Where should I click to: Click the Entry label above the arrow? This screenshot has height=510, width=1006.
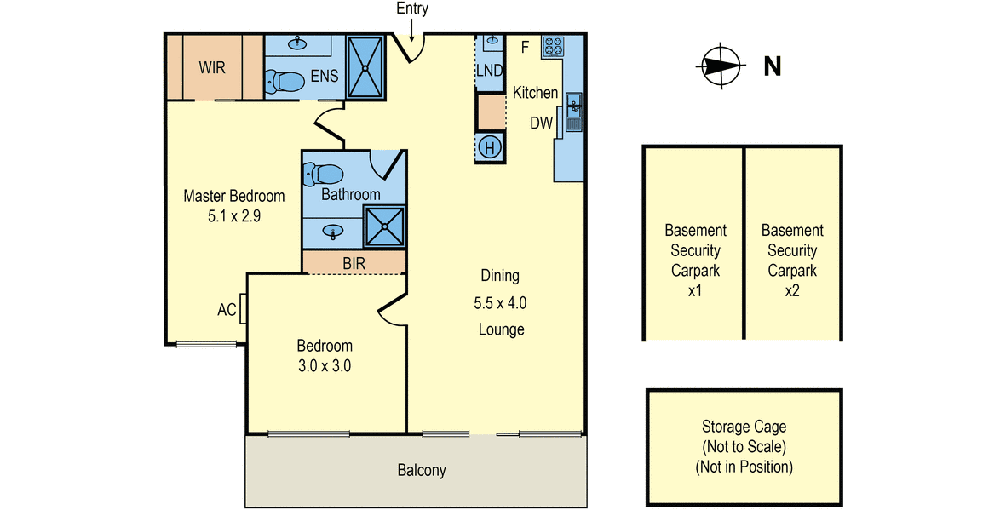[x=412, y=9]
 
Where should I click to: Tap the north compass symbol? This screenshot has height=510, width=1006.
[x=721, y=66]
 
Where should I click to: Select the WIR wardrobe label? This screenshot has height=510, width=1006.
[x=212, y=67]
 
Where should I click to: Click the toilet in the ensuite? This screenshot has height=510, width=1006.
[x=285, y=82]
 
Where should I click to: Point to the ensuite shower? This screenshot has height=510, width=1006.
[x=365, y=66]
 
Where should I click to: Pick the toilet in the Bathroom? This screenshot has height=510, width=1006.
[x=324, y=173]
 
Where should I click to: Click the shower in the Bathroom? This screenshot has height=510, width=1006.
[x=384, y=226]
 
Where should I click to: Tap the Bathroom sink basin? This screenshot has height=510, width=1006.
[x=332, y=231]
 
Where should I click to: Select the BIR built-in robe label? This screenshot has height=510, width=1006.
[x=354, y=263]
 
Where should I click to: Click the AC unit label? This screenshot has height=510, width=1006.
[x=227, y=310]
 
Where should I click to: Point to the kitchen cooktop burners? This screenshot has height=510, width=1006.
[x=552, y=46]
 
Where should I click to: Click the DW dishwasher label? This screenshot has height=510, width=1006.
[x=541, y=123]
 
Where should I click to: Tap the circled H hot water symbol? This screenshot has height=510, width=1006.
[x=490, y=148]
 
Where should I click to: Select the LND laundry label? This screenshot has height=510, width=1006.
[x=490, y=70]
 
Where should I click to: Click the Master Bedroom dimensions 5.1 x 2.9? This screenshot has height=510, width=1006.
[x=234, y=217]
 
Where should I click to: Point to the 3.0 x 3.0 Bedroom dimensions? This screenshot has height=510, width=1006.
[x=324, y=366]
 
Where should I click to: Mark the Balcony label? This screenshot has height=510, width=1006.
[x=422, y=470]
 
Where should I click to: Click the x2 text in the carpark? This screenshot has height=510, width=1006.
[x=792, y=290]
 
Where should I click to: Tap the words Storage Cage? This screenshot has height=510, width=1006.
[x=744, y=427]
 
